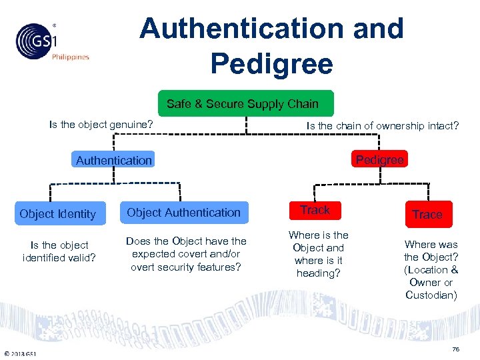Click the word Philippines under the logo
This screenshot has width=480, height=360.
pyautogui.click(x=70, y=57)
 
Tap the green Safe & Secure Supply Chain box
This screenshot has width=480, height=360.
pyautogui.click(x=243, y=104)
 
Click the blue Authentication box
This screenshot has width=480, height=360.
pyautogui.click(x=114, y=160)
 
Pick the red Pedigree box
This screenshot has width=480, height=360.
pyautogui.click(x=379, y=160)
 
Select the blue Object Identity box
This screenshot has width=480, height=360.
pyautogui.click(x=58, y=214)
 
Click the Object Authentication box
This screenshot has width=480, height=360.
pyautogui.click(x=183, y=213)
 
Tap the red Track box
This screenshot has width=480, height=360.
pyautogui.click(x=315, y=210)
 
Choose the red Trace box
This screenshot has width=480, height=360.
pyautogui.click(x=427, y=214)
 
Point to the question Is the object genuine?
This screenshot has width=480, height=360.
pyautogui.click(x=101, y=125)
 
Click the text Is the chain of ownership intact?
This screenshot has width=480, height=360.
pyautogui.click(x=382, y=125)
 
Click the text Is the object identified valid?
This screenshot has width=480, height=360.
pyautogui.click(x=60, y=251)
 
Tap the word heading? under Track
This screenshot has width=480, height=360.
pyautogui.click(x=318, y=273)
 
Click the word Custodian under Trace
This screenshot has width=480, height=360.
pyautogui.click(x=431, y=295)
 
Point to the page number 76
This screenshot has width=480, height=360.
pyautogui.click(x=455, y=349)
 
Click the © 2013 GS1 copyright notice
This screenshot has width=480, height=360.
pyautogui.click(x=20, y=353)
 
